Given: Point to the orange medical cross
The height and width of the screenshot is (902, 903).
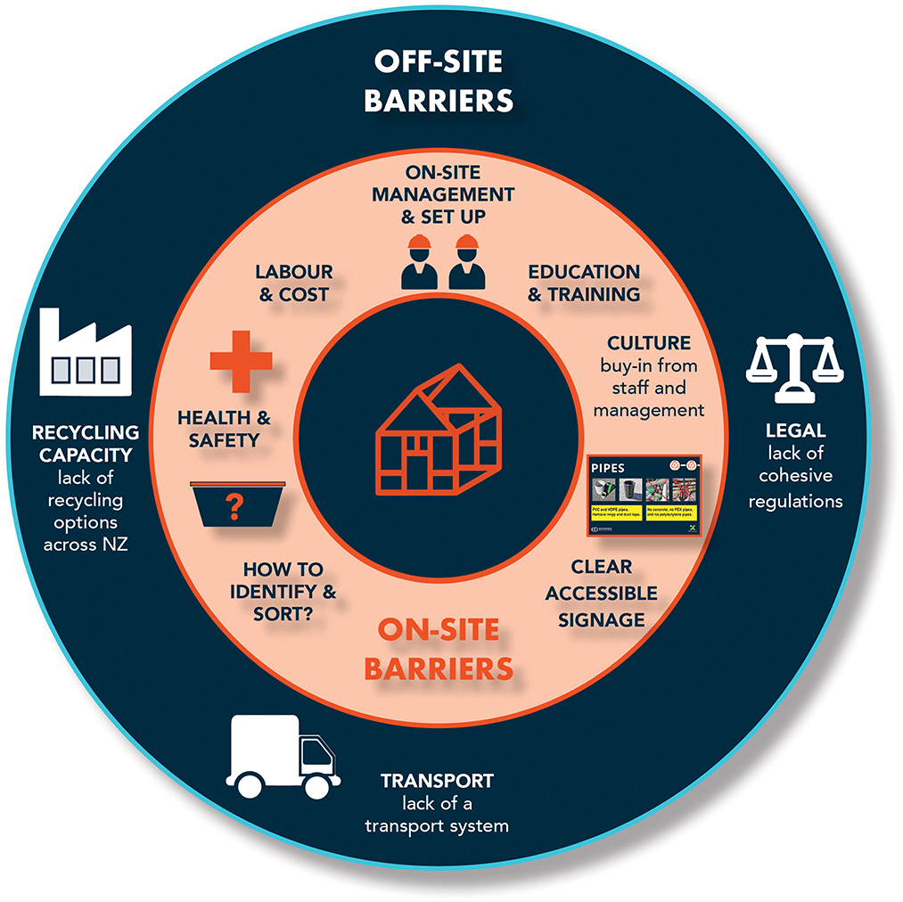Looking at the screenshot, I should point(241,359).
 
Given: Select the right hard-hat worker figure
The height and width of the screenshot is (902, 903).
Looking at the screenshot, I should point(466,263).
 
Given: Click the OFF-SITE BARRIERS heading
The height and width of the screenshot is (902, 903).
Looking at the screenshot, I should point(439,81).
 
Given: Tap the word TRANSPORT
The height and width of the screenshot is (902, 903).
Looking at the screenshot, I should point(437,781).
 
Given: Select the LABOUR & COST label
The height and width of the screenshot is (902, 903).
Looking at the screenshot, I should point(293,283).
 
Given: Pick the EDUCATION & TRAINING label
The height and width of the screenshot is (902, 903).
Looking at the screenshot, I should point(584,283).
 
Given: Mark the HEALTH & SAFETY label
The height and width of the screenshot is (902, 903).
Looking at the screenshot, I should point(224,428).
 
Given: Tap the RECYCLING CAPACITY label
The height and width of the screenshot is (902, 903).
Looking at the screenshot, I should point(86,443).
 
